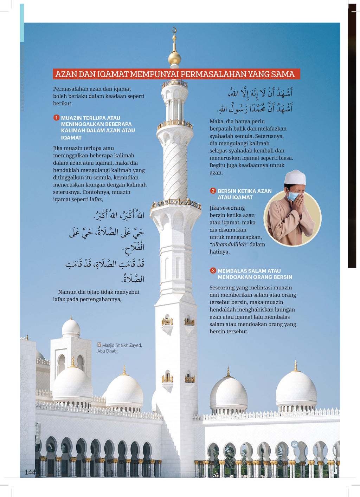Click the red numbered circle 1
(x=56, y=118)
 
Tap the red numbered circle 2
(x=213, y=191)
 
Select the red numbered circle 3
(x=213, y=270)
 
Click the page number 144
(x=30, y=472)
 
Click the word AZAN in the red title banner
(x=66, y=74)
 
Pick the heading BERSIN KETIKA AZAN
(x=244, y=191)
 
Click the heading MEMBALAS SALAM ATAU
(x=249, y=271)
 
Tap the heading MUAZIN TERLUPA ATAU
(x=90, y=118)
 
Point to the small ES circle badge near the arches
(x=294, y=444)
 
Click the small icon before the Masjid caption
(x=99, y=345)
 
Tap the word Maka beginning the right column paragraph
(x=217, y=121)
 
